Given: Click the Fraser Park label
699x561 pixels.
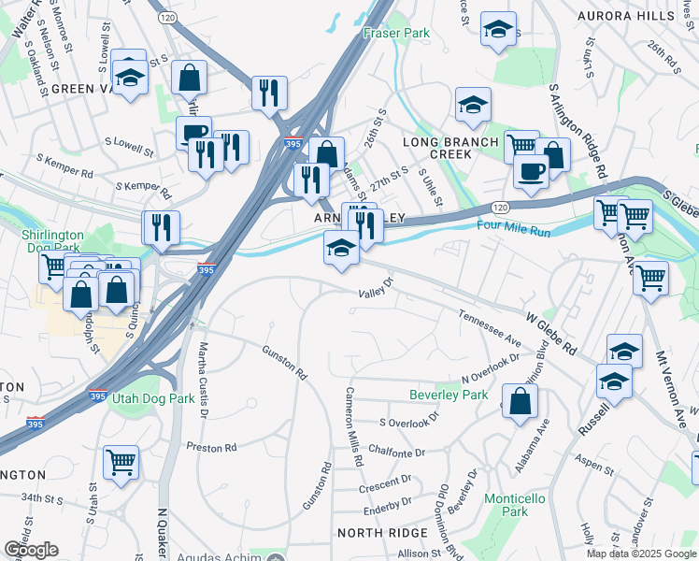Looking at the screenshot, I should coord(396,33).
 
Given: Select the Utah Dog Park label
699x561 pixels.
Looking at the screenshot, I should coord(150,398).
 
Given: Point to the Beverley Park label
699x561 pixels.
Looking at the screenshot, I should coord(449,396).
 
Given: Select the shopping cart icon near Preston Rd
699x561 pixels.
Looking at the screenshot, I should coord(121,461).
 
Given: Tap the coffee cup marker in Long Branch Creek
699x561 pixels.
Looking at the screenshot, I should coord(531,172).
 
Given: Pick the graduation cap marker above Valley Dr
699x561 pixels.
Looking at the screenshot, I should coord(341,249).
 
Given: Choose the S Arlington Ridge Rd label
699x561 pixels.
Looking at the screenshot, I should coord(578,131).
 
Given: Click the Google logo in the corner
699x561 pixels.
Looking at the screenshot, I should coord(31,550).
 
